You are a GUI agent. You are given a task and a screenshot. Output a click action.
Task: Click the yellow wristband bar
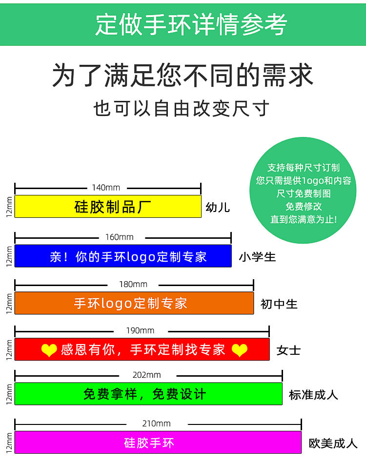[108, 206]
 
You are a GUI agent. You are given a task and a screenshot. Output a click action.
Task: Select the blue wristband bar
[123, 256]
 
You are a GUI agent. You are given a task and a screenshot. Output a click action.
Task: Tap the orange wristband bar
[134, 303]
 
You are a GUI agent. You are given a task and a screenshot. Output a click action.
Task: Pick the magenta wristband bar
[158, 442]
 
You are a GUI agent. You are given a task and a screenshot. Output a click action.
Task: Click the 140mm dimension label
[106, 188]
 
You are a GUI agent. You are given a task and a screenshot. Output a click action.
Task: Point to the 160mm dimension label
[120, 237]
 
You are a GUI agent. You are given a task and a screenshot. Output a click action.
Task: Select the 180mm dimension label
[133, 284]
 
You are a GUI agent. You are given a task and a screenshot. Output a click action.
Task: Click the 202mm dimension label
[147, 375]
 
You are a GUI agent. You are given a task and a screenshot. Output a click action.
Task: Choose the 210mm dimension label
[157, 423]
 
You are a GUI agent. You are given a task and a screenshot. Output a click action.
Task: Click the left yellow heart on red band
[49, 350]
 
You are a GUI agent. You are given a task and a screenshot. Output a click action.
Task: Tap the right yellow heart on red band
[239, 350]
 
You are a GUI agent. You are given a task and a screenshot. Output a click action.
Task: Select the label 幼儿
[218, 208]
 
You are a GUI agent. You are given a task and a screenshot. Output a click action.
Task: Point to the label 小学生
[257, 257]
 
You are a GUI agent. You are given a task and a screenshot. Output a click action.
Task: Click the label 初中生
[279, 304]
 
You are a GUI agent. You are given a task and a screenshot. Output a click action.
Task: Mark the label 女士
[288, 350]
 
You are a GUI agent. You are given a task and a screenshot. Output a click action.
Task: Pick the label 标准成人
[313, 395]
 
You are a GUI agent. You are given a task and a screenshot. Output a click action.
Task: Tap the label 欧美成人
[333, 443]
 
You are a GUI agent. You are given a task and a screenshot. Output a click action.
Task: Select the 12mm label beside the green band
[9, 394]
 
